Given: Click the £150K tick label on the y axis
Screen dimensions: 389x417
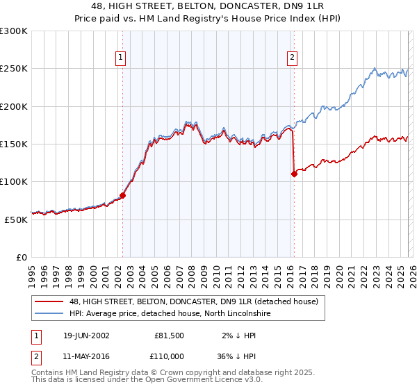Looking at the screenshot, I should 14,144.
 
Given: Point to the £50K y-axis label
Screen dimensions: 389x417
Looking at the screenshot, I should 15,219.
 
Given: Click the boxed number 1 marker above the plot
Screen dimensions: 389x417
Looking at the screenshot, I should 122,58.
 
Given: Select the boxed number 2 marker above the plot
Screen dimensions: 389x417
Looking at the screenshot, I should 292,58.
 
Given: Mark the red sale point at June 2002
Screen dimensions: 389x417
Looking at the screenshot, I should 122,195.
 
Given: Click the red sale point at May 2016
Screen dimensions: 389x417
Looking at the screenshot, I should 294,174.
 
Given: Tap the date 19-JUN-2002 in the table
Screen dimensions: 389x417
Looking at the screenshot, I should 85,335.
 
